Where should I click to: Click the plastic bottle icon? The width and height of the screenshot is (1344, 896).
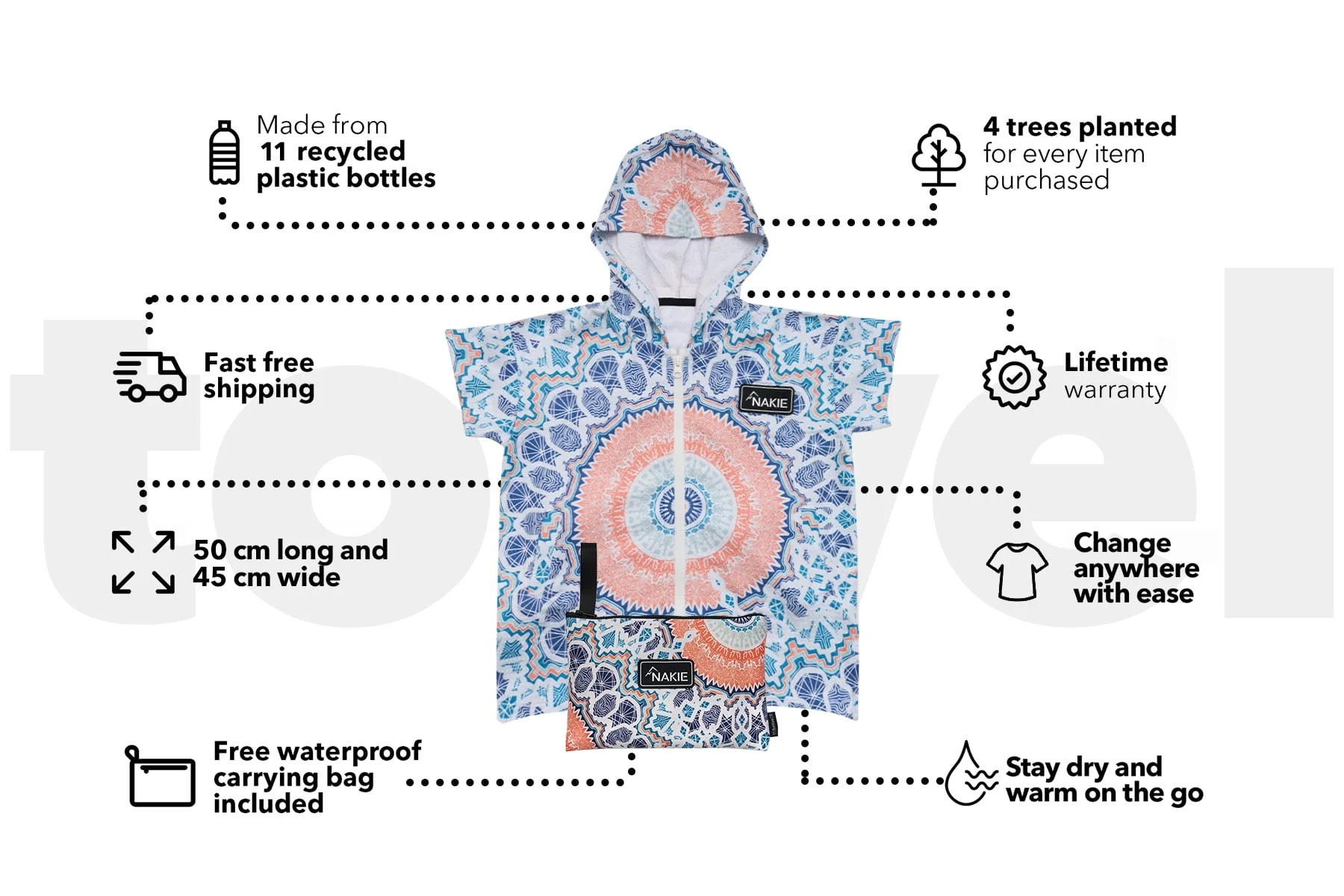click(224, 152)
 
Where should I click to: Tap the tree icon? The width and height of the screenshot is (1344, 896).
click(938, 156)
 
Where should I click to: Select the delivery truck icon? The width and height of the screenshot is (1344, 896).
click(149, 376)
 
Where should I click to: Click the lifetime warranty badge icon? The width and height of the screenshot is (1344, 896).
click(1014, 377)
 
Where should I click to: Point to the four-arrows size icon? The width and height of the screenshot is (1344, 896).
click(143, 562)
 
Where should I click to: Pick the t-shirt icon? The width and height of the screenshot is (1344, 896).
click(1017, 571)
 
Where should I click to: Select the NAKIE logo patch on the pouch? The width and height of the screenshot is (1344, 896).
click(666, 675)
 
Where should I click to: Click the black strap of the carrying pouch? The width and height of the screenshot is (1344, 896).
click(588, 578)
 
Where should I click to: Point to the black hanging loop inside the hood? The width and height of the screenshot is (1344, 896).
click(677, 302)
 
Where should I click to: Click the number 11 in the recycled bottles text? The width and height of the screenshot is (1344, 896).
click(273, 152)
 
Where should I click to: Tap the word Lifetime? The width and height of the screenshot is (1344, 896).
click(1116, 362)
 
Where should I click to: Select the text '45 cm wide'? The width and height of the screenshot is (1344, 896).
click(267, 577)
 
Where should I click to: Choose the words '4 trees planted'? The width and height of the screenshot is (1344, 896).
click(1080, 127)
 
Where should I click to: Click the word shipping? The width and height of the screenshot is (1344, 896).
click(259, 390)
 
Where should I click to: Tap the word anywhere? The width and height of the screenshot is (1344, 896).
click(1136, 569)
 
